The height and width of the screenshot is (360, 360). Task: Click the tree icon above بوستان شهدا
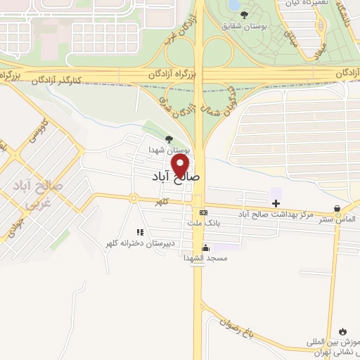[167, 139]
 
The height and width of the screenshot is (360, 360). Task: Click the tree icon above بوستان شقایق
[244, 15]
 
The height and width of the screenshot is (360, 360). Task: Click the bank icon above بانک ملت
[203, 212]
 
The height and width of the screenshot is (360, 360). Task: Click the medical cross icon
[275, 203]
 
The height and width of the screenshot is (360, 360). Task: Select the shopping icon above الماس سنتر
[339, 208]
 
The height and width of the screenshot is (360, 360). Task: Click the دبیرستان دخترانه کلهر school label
[139, 243]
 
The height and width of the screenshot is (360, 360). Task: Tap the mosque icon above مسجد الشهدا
[205, 247]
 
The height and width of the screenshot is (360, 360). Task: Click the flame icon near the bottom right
[343, 331]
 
